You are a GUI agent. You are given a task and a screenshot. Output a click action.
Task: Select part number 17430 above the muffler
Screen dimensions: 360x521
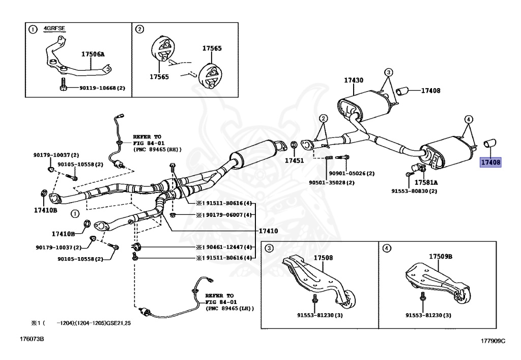point(353,80)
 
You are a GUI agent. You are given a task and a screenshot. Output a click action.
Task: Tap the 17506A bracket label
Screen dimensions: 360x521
point(93,53)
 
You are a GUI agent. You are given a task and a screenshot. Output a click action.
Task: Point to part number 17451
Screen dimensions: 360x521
point(294,160)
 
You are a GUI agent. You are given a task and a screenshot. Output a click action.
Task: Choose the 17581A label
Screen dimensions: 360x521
point(426,182)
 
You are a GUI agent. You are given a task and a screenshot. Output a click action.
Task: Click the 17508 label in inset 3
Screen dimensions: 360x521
point(323,258)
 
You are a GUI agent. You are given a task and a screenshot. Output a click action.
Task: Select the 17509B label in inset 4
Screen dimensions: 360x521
point(441,257)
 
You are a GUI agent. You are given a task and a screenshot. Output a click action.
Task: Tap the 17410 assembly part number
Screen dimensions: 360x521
point(269,231)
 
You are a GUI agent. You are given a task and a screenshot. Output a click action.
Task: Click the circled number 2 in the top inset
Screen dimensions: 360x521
point(139,29)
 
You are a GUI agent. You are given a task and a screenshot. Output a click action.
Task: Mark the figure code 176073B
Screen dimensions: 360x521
point(32,338)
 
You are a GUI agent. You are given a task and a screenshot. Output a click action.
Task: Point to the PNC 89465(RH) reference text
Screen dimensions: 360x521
point(157,150)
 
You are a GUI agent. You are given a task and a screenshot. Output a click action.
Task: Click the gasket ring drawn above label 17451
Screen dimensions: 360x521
point(294,148)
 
